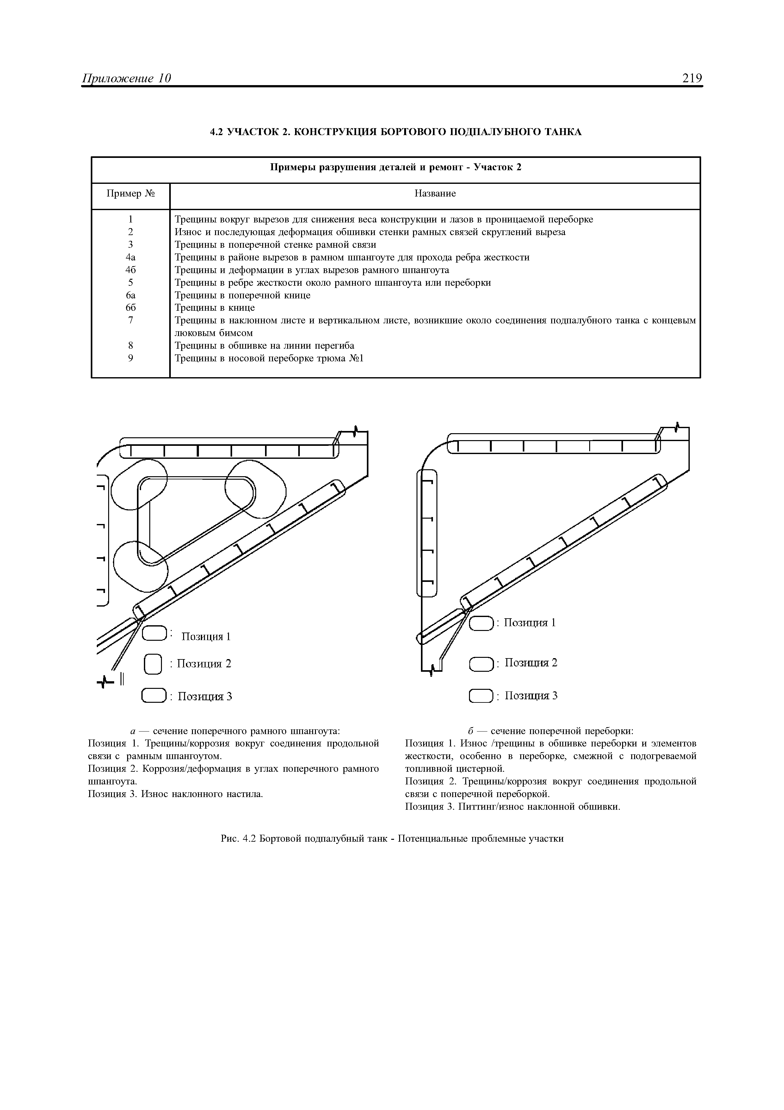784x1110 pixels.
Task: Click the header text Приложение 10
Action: pos(127,78)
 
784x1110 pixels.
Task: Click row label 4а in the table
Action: pos(130,257)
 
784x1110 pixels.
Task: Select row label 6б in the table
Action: pos(130,308)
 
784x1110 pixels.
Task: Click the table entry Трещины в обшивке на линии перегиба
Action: pos(264,346)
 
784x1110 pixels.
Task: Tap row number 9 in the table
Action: pos(130,358)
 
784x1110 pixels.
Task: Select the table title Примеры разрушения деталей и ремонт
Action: pos(395,168)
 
